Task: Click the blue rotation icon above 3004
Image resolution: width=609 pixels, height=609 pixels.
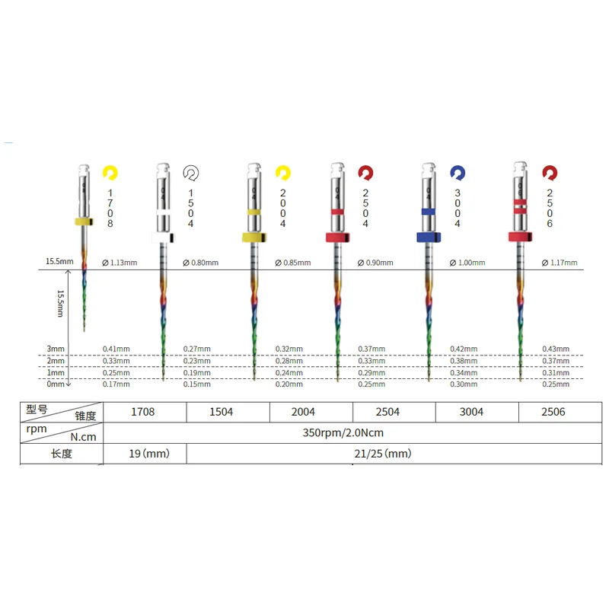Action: (457, 173)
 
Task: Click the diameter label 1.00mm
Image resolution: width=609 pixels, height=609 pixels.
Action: (467, 263)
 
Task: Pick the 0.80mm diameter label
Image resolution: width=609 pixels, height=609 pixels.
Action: (201, 263)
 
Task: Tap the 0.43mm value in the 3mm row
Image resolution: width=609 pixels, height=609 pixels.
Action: (555, 349)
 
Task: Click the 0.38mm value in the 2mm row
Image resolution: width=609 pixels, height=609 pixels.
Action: (464, 361)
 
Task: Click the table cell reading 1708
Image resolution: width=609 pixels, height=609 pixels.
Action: (144, 412)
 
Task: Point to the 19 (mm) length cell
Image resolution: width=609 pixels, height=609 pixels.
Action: (145, 454)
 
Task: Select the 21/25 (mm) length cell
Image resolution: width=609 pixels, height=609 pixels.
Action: (386, 454)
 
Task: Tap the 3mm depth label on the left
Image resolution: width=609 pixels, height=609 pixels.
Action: (56, 349)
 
